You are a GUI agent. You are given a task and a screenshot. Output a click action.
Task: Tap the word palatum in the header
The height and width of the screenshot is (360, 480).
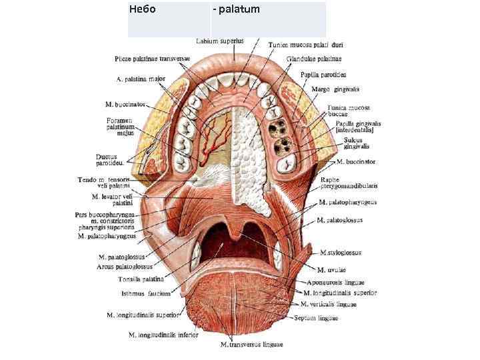pyautogui.click(x=239, y=10)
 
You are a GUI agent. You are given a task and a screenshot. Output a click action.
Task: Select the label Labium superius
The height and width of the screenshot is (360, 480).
pyautogui.click(x=220, y=41)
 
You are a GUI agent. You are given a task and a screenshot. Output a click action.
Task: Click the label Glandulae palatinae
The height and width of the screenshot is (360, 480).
pyautogui.click(x=309, y=59)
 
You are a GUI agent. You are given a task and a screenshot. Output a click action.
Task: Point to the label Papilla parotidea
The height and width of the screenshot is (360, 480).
pyautogui.click(x=323, y=75)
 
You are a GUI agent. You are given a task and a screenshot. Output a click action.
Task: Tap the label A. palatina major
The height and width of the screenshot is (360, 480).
pyautogui.click(x=141, y=79)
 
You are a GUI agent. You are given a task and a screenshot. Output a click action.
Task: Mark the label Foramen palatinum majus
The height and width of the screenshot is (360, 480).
pyautogui.click(x=121, y=127)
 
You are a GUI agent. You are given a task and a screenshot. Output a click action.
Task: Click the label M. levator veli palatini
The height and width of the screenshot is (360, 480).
pyautogui.click(x=114, y=199)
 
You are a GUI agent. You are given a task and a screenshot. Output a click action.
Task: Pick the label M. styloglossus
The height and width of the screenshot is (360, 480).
pyautogui.click(x=340, y=253)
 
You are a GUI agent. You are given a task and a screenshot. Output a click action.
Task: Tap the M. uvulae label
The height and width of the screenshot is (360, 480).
pyautogui.click(x=331, y=269)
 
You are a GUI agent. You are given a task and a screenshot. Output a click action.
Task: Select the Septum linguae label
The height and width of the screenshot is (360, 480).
pyautogui.click(x=316, y=318)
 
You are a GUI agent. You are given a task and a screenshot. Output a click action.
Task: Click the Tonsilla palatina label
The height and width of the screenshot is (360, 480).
pyautogui.click(x=141, y=279)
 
